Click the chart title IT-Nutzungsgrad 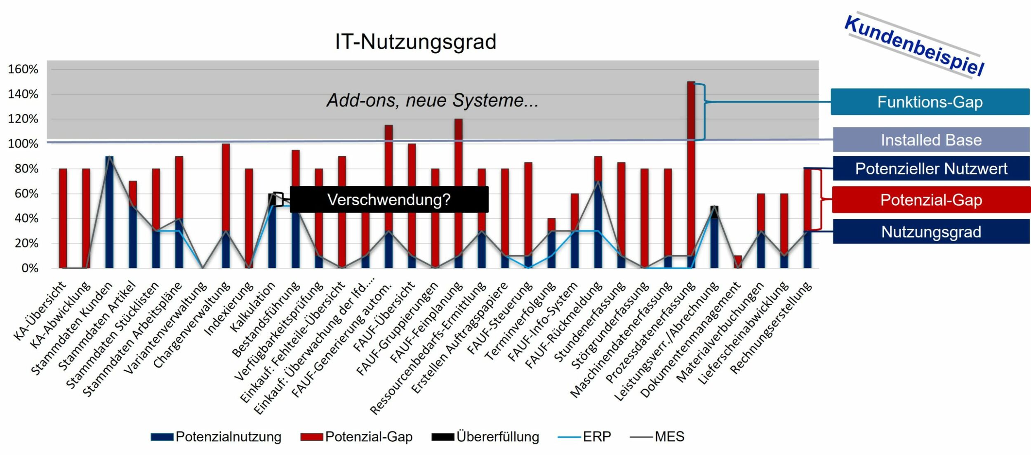[x=415, y=42]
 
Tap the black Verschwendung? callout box [x=389, y=199]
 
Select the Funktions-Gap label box [x=930, y=102]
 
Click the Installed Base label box [x=931, y=140]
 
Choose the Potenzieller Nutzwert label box [x=931, y=169]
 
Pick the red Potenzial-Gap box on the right [x=931, y=200]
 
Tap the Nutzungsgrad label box [x=931, y=232]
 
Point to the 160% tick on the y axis [x=23, y=69]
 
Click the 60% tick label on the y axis [x=26, y=194]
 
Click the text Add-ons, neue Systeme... [x=432, y=100]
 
